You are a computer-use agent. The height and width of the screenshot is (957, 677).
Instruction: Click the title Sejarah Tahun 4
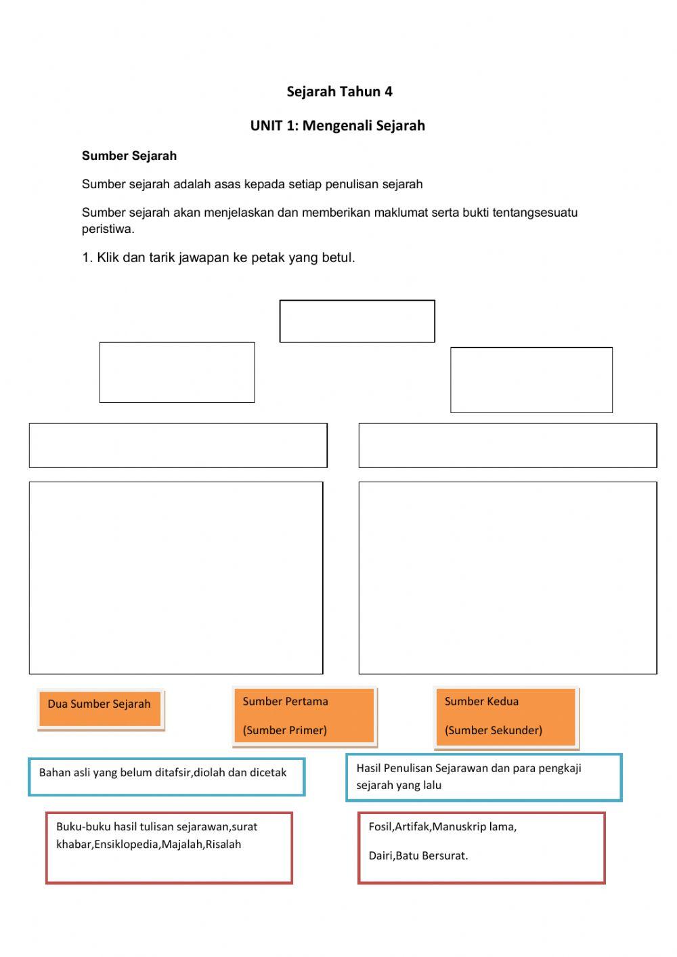339,91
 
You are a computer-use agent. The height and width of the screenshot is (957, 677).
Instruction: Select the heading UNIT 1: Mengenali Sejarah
337,125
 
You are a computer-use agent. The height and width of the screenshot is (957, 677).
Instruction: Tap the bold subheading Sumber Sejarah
129,156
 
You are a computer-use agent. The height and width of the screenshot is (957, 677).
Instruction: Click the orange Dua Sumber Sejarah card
100,708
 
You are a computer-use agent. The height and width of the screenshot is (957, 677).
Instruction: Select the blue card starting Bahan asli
167,776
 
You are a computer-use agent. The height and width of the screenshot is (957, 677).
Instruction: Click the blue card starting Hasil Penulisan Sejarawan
483,777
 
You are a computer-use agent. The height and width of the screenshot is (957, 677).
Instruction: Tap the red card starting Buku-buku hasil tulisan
169,847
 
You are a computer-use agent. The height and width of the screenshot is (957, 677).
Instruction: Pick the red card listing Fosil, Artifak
481,848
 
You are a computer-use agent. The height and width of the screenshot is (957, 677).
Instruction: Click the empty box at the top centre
357,321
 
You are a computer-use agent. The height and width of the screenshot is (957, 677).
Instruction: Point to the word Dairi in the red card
380,855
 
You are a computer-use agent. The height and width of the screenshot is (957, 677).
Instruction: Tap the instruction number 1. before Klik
87,257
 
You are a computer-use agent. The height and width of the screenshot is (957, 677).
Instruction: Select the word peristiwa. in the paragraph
108,229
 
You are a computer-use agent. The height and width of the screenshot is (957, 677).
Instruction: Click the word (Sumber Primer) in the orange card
284,730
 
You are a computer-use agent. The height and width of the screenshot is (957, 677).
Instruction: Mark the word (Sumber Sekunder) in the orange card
493,730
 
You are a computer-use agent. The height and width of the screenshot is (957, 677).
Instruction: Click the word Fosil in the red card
380,826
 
